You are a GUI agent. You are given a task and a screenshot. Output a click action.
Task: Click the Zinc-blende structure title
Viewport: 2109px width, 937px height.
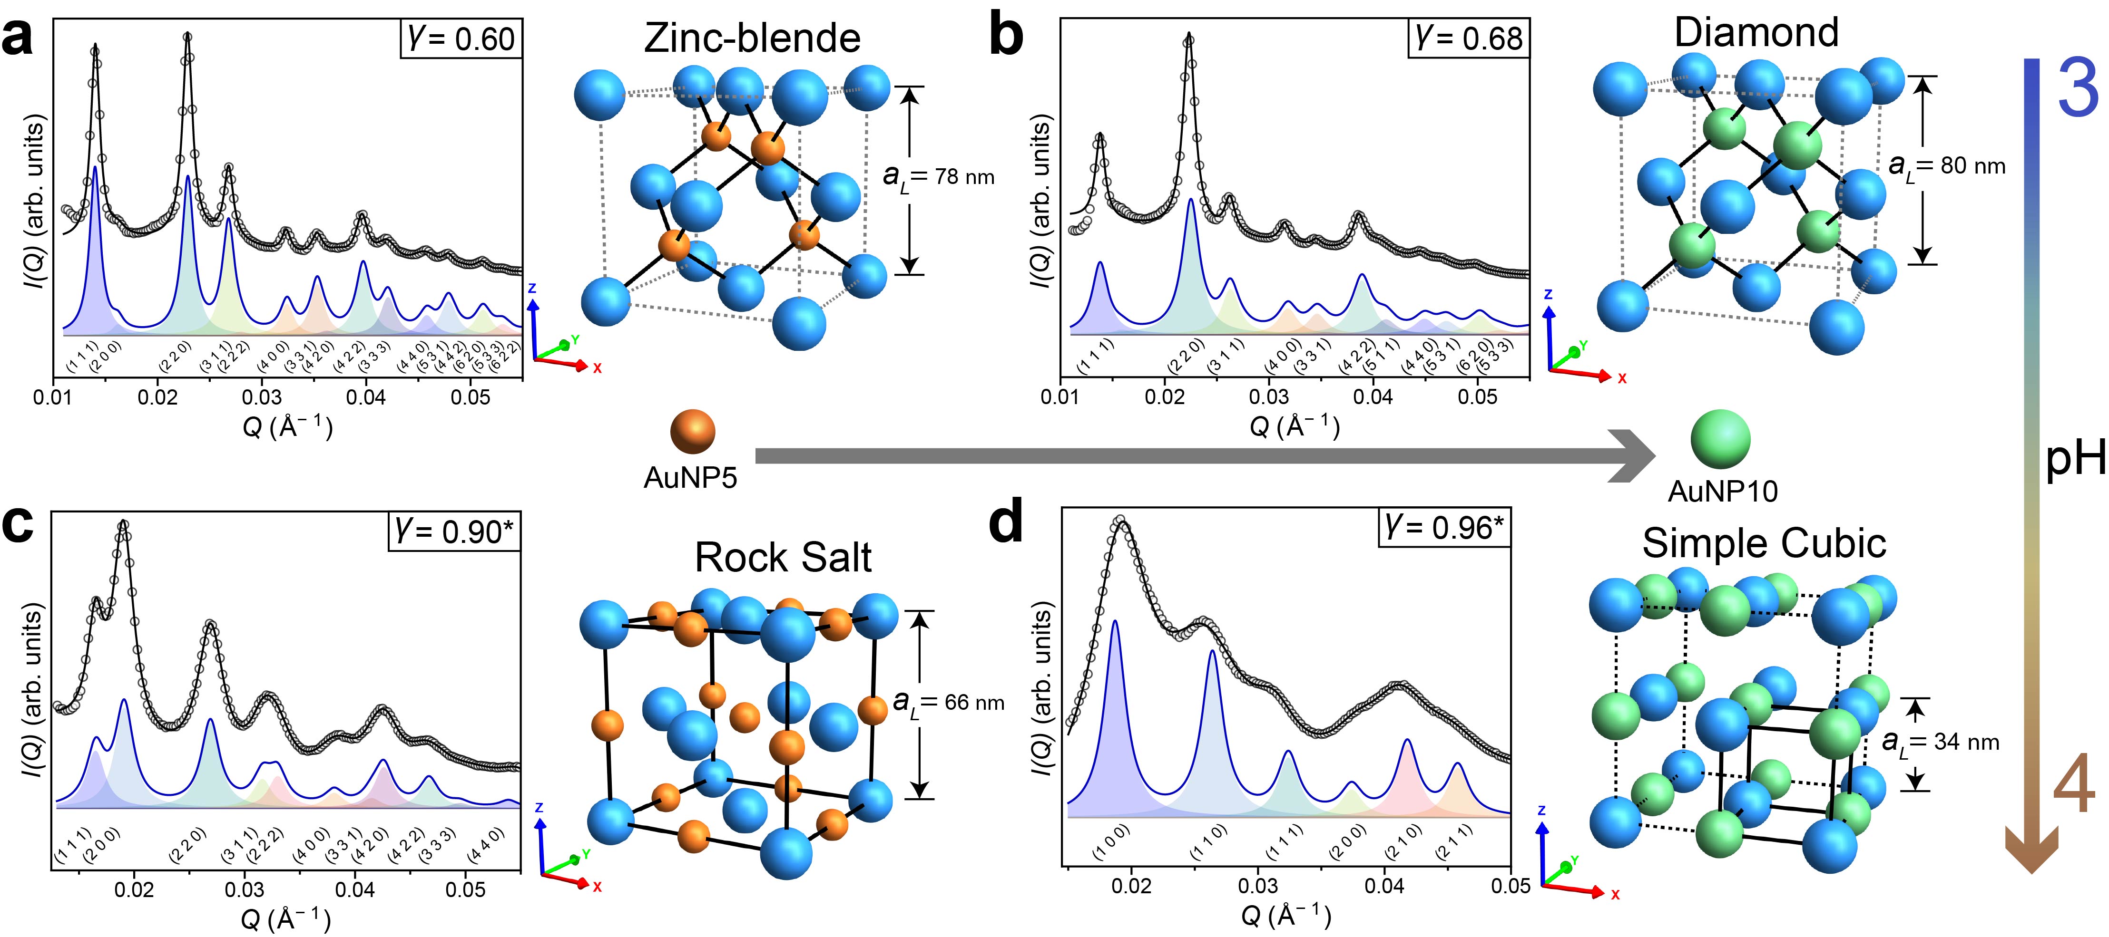coord(752,39)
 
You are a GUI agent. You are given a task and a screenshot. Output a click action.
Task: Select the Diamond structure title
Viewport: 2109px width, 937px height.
coord(1756,33)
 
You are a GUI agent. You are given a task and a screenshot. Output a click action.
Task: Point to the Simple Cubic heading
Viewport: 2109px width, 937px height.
coord(1764,543)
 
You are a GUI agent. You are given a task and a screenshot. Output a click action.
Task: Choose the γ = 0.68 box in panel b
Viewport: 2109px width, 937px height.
coord(1469,39)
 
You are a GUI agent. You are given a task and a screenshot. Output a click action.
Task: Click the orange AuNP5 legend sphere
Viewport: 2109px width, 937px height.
coord(692,431)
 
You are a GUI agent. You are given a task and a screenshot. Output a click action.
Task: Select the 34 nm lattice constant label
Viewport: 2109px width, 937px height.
coord(1940,742)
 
